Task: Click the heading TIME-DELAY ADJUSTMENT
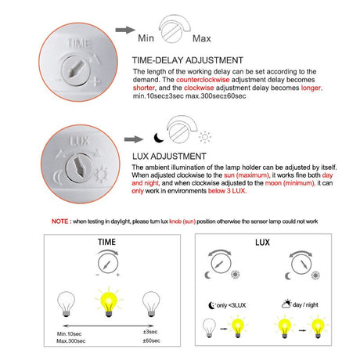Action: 188,60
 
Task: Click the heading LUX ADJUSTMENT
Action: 174,156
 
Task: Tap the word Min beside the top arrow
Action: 146,38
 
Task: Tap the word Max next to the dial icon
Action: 202,38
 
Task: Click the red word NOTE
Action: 59,222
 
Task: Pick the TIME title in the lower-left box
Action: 108,242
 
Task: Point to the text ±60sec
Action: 149,341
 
